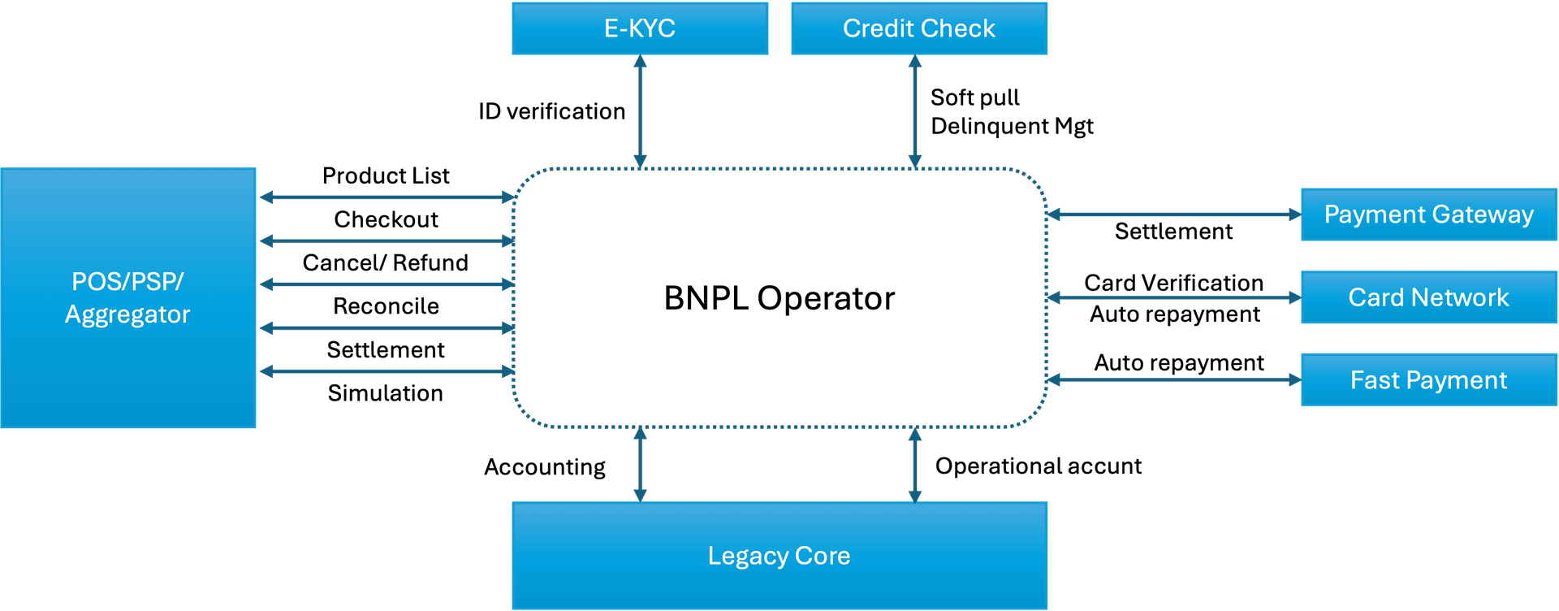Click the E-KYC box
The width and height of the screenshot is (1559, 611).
640,28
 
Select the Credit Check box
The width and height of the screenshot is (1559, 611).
919,28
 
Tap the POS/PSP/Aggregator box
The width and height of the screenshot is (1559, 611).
128,298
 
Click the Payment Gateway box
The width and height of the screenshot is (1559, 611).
1428,214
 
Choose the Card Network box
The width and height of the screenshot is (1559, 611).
1428,297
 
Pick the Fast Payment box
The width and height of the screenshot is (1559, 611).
1428,380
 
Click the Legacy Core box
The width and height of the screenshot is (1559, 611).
779,556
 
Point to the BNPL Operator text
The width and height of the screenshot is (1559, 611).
779,298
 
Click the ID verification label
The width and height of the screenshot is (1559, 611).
552,111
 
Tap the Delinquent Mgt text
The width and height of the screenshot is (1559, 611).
1012,127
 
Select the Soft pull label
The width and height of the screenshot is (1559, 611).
974,97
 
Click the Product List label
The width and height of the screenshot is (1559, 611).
386,175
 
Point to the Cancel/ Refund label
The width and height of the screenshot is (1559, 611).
386,262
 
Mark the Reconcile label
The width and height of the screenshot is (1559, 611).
386,306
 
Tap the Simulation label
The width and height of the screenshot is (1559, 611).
386,393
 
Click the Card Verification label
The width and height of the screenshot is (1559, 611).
1173,283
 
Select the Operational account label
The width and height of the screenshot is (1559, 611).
1038,466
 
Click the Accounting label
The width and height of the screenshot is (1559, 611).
545,467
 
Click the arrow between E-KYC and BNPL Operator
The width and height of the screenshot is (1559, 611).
640,111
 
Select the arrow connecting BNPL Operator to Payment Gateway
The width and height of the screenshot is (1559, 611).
1173,214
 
